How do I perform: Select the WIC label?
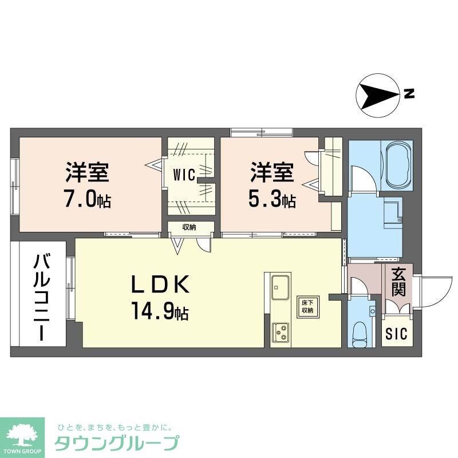pos(185,173)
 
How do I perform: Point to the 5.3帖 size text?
pos(272,201)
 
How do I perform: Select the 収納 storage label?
pos(189,227)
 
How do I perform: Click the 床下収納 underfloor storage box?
pos(307,306)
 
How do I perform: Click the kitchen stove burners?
pos(281,332)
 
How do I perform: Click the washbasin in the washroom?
pos(392,212)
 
